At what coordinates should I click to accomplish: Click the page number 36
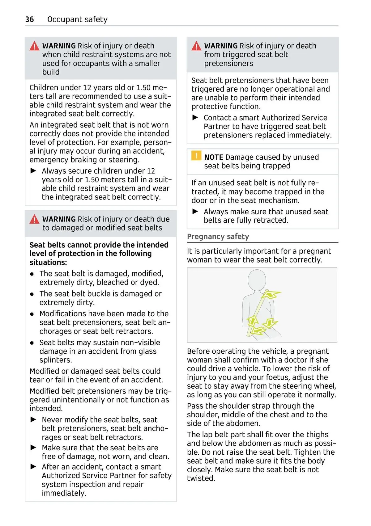click(29, 19)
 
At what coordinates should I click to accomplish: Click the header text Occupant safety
click(77, 19)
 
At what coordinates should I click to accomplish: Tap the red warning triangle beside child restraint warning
click(34, 46)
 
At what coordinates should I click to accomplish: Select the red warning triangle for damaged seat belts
click(34, 219)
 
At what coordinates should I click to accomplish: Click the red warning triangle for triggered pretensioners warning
click(196, 46)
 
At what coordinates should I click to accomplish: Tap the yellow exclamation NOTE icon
click(196, 156)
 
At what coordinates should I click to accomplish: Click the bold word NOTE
click(214, 157)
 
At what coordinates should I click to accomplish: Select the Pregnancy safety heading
click(218, 237)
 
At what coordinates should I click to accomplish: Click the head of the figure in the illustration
click(257, 280)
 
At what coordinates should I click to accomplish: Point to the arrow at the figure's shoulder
click(271, 295)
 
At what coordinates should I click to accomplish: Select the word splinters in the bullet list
click(55, 360)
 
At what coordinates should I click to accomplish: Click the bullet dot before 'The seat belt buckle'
click(32, 294)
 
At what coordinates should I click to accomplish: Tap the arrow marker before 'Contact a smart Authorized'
click(195, 118)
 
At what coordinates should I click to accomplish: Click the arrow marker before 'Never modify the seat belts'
click(33, 419)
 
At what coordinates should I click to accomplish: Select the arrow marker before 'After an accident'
click(33, 467)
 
